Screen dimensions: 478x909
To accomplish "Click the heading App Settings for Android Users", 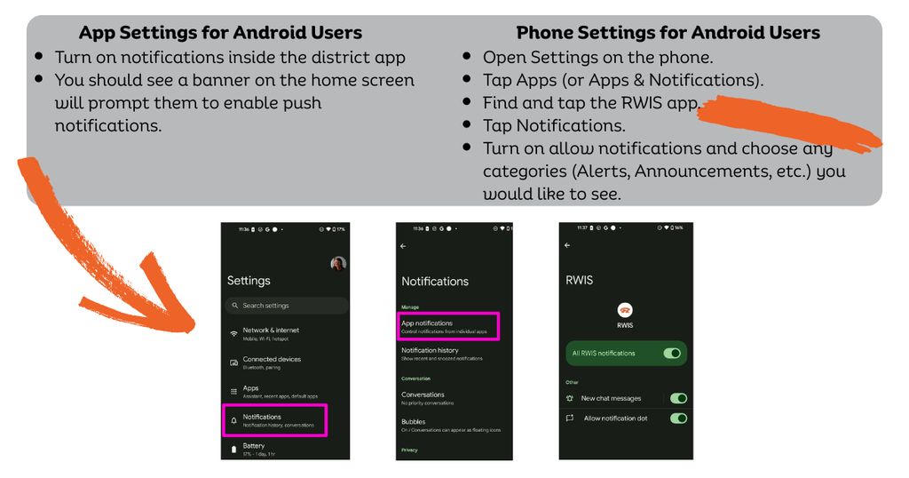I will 220,33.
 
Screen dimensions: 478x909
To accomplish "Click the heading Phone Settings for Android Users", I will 668,33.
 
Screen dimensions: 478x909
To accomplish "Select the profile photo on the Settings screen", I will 337,264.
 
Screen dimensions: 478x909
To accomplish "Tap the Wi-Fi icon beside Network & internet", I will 233,332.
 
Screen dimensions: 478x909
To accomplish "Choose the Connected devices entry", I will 272,362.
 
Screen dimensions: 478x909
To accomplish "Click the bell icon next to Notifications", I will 233,419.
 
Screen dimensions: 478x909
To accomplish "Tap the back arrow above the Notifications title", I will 404,246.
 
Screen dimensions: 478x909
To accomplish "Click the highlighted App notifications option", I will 447,326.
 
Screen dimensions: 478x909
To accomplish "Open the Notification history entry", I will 430,353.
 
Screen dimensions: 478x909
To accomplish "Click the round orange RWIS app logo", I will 625,309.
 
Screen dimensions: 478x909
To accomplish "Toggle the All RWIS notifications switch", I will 672,354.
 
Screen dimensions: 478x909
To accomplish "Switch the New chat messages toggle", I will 678,398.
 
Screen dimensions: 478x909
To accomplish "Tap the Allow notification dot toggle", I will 678,418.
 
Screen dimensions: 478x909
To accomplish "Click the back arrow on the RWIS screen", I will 567,246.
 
